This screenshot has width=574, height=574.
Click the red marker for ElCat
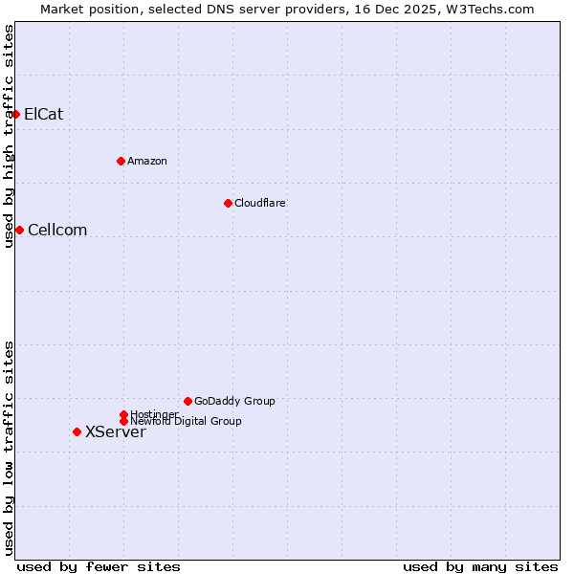(x=15, y=115)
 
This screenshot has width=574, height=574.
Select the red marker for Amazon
(x=121, y=161)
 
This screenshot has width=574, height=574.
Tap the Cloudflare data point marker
(x=228, y=203)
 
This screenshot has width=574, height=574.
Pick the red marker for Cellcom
(x=19, y=230)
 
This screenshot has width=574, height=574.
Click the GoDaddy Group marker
(x=188, y=401)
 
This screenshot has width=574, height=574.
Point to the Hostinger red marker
(x=123, y=414)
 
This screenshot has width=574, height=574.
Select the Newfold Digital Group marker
(x=123, y=421)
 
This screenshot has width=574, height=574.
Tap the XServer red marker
(x=77, y=431)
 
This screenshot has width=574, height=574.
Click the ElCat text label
(x=44, y=115)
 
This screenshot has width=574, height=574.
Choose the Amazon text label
(x=147, y=161)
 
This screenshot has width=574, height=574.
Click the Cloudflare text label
(x=260, y=203)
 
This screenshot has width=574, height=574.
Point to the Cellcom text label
(x=57, y=230)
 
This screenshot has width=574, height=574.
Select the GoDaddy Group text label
(x=235, y=401)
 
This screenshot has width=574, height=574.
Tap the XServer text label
(x=116, y=432)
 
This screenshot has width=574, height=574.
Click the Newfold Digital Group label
(x=187, y=422)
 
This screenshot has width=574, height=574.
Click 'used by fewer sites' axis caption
(x=99, y=566)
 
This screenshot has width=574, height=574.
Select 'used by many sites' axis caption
(x=480, y=566)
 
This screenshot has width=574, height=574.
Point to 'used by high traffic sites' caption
(x=9, y=136)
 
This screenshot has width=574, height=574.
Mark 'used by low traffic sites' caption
(x=9, y=448)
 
